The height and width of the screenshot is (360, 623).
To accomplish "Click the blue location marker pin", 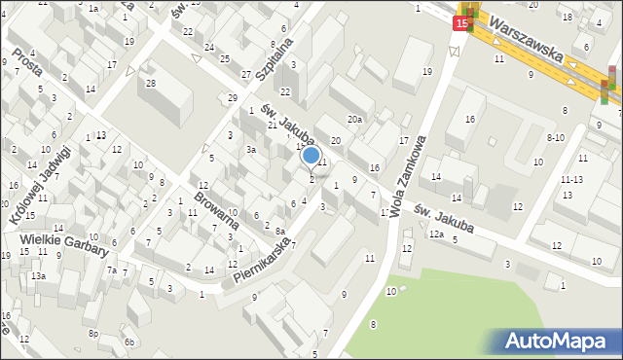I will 311,156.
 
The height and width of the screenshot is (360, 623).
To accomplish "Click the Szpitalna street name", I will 274,64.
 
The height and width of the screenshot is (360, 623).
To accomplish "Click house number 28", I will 150,84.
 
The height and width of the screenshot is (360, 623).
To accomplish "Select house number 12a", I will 436,234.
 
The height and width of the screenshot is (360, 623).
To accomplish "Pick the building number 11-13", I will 571,180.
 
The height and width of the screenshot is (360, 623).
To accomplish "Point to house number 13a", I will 37,277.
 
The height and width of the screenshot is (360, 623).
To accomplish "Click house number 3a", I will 250,150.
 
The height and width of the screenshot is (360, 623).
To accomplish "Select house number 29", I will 232,98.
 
